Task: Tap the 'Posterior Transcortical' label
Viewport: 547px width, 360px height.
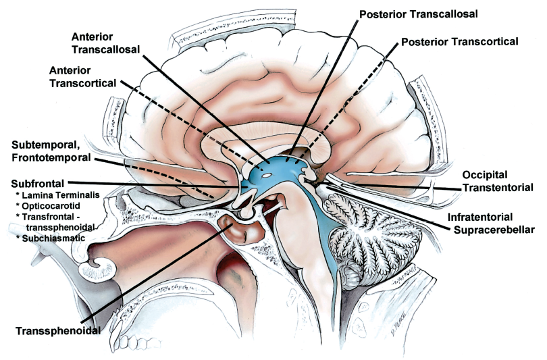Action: tap(459, 42)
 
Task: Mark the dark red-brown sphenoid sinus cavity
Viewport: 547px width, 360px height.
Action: tap(242, 235)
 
